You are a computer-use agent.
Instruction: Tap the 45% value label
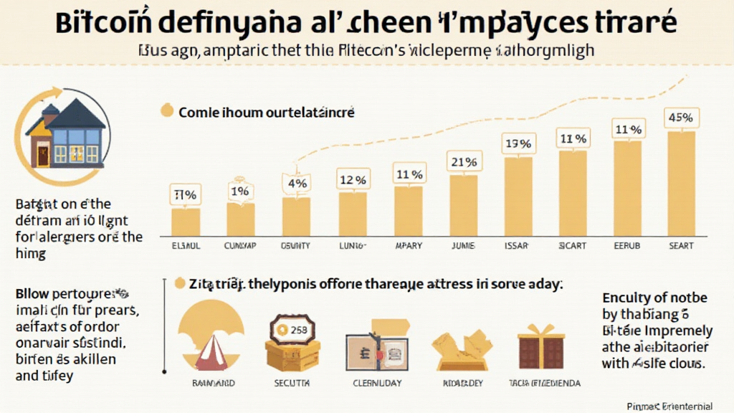680,116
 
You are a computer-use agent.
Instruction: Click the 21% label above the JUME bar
462,162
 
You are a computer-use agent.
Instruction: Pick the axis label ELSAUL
185,246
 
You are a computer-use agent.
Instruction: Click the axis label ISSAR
518,246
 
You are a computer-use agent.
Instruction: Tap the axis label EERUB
626,246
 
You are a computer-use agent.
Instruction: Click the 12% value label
352,179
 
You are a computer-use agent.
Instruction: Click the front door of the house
44,153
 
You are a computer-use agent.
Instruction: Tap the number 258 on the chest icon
295,329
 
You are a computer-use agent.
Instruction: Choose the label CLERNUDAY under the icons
378,383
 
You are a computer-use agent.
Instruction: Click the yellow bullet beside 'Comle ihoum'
167,111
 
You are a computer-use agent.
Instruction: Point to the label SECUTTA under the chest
292,383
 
